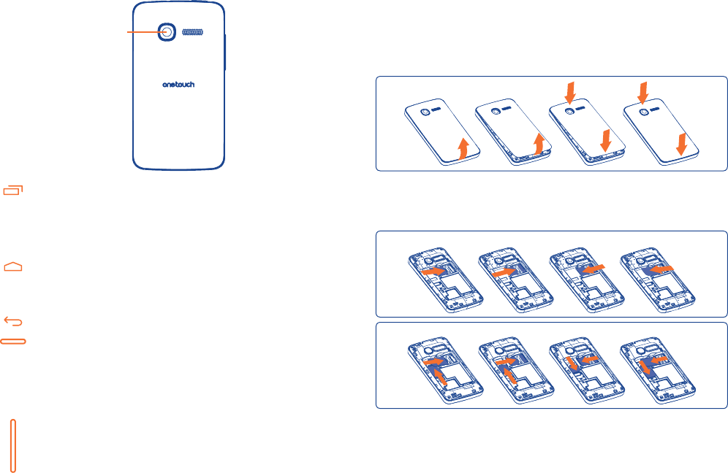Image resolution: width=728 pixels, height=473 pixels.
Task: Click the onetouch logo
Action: click(x=178, y=84)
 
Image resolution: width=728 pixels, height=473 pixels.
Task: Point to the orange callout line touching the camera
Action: click(x=143, y=32)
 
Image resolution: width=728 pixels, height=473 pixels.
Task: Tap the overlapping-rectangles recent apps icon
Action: click(x=13, y=191)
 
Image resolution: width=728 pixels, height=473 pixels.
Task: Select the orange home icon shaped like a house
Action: click(x=14, y=266)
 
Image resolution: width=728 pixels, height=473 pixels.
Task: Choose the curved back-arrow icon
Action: click(x=14, y=320)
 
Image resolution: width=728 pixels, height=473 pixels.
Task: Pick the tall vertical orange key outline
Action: click(x=14, y=445)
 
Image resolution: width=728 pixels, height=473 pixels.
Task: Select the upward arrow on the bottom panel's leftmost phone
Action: click(x=441, y=376)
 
